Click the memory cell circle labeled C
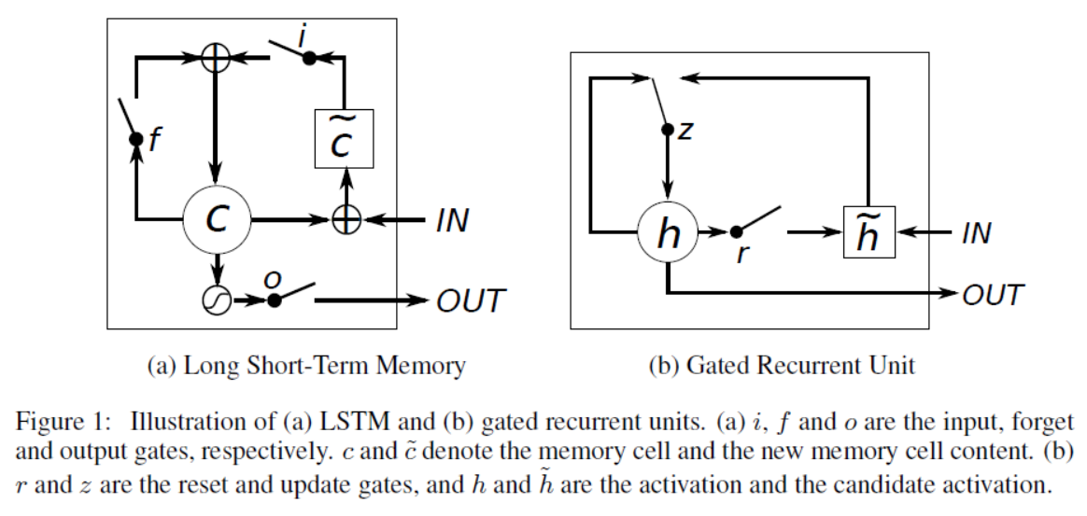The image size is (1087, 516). (x=217, y=220)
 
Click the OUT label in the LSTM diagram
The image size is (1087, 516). (x=471, y=300)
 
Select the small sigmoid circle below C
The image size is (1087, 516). (x=216, y=300)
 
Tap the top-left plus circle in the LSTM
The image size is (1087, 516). (x=217, y=59)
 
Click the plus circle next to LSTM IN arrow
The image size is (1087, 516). (x=346, y=221)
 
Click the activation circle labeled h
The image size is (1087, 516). (x=669, y=233)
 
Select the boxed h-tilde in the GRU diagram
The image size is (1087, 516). (x=869, y=233)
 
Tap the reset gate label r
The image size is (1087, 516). (x=741, y=254)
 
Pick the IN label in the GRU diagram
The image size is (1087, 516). (x=976, y=233)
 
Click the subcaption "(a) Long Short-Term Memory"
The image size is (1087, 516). (x=306, y=366)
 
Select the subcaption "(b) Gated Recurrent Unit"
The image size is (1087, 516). (x=782, y=366)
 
